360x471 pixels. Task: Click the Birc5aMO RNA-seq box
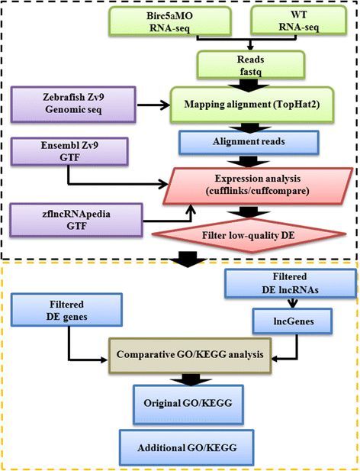click(170, 21)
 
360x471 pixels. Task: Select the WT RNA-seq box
click(298, 20)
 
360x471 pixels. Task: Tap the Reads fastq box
click(250, 65)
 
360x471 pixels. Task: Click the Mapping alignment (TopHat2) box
click(252, 105)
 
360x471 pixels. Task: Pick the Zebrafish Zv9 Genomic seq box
click(73, 105)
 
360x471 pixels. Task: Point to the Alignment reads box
click(249, 142)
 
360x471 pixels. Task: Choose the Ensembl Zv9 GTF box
click(69, 151)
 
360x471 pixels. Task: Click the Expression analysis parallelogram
click(258, 186)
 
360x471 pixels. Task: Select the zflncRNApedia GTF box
click(76, 220)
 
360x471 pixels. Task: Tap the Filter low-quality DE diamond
click(249, 235)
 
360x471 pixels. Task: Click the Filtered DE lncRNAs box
click(290, 283)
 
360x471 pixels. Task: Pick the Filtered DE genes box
click(66, 310)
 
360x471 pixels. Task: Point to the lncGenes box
click(292, 321)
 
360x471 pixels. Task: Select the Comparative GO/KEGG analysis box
click(190, 355)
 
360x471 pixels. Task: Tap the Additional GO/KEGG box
click(187, 448)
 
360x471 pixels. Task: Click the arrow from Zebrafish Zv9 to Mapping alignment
click(153, 105)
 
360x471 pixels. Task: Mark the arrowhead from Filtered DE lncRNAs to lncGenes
click(293, 304)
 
